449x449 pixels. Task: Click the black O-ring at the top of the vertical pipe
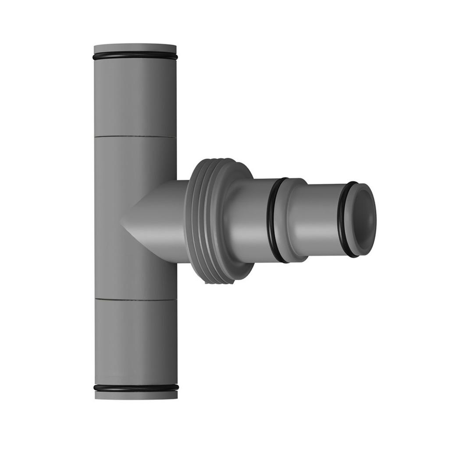click(135, 57)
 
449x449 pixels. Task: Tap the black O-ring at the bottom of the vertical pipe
click(136, 388)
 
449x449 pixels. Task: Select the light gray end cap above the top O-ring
click(135, 48)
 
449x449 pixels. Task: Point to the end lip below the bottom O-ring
click(136, 395)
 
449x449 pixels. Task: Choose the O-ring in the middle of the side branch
click(273, 219)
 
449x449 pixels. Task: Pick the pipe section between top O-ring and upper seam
click(135, 96)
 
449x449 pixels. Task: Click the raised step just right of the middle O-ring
click(292, 219)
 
